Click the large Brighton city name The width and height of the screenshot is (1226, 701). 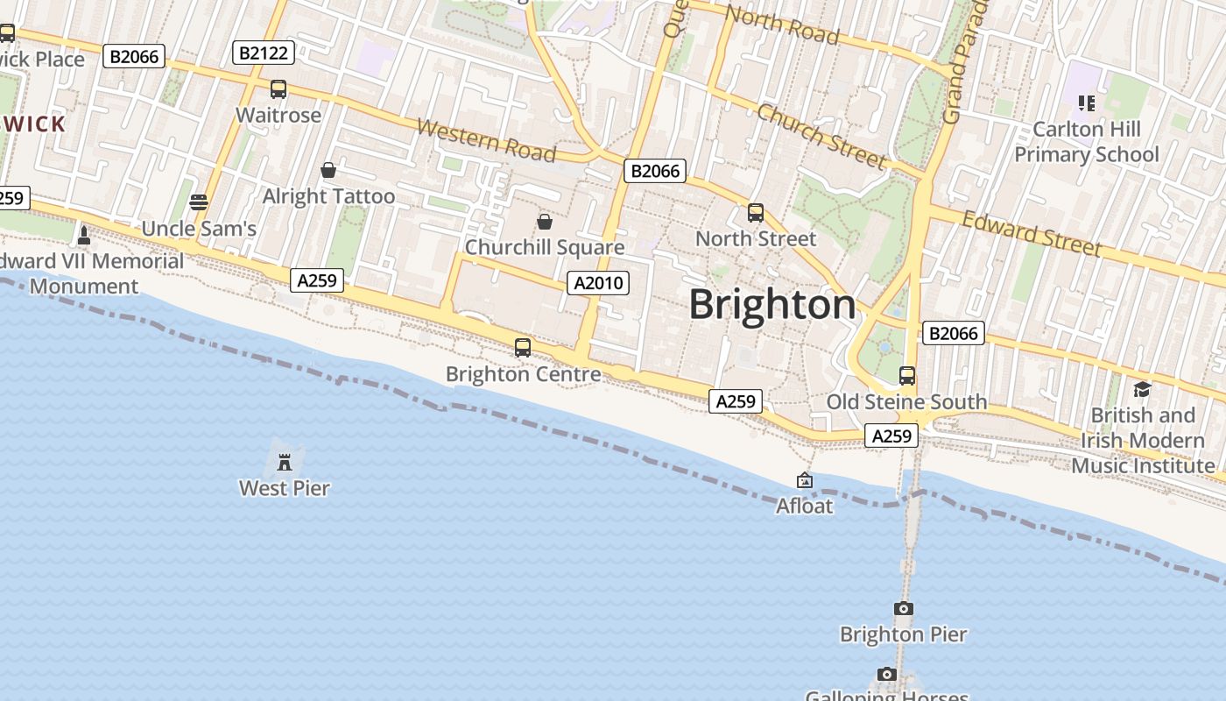coord(772,305)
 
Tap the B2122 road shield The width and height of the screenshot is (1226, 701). coord(264,53)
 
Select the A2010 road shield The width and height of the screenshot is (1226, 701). coord(598,283)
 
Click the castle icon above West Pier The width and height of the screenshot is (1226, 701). coord(285,461)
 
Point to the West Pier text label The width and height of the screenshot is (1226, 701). coord(285,488)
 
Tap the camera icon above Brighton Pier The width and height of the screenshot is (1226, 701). coord(903,608)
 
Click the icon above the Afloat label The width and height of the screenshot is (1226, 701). coord(804,480)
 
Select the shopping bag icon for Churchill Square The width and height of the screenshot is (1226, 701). coord(545,222)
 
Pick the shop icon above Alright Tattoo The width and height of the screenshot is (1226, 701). coord(328,170)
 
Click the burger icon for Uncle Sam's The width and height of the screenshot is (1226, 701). coord(199,202)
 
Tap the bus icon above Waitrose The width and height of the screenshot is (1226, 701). coord(278,89)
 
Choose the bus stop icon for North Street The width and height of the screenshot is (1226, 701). coord(755,213)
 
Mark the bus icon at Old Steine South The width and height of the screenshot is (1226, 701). coord(907,376)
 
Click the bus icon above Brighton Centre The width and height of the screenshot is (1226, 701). coord(523,348)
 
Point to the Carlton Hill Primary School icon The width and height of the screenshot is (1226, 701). coord(1087,103)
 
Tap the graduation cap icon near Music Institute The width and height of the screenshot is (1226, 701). coord(1142,389)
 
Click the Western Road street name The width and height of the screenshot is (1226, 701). coord(486,140)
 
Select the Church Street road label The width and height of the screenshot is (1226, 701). coord(821,136)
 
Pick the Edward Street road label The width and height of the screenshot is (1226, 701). coord(1032,233)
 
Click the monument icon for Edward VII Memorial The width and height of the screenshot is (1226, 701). coord(84,235)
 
